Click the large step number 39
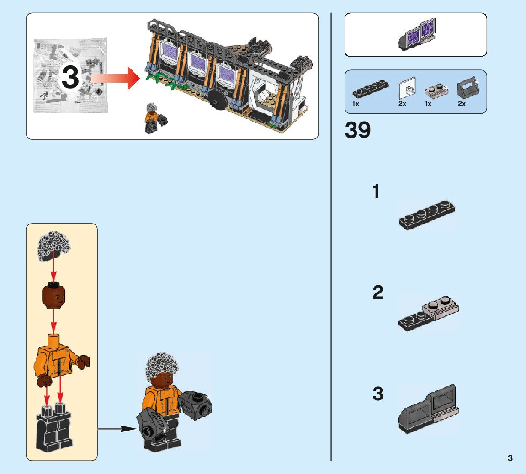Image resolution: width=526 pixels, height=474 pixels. (x=357, y=131)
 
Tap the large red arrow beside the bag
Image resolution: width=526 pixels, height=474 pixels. (x=115, y=78)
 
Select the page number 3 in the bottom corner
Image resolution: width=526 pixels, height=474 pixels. (x=510, y=458)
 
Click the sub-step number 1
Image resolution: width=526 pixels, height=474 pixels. (x=376, y=192)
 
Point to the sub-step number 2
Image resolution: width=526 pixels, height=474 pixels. (x=377, y=293)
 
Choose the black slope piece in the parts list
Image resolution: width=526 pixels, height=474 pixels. (x=467, y=89)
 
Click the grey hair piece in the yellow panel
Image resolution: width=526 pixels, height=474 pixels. (x=53, y=246)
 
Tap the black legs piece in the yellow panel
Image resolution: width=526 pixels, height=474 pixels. (x=54, y=430)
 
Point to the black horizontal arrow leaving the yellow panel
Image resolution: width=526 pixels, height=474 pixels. (x=117, y=429)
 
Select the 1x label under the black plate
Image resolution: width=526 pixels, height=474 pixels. (x=356, y=104)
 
